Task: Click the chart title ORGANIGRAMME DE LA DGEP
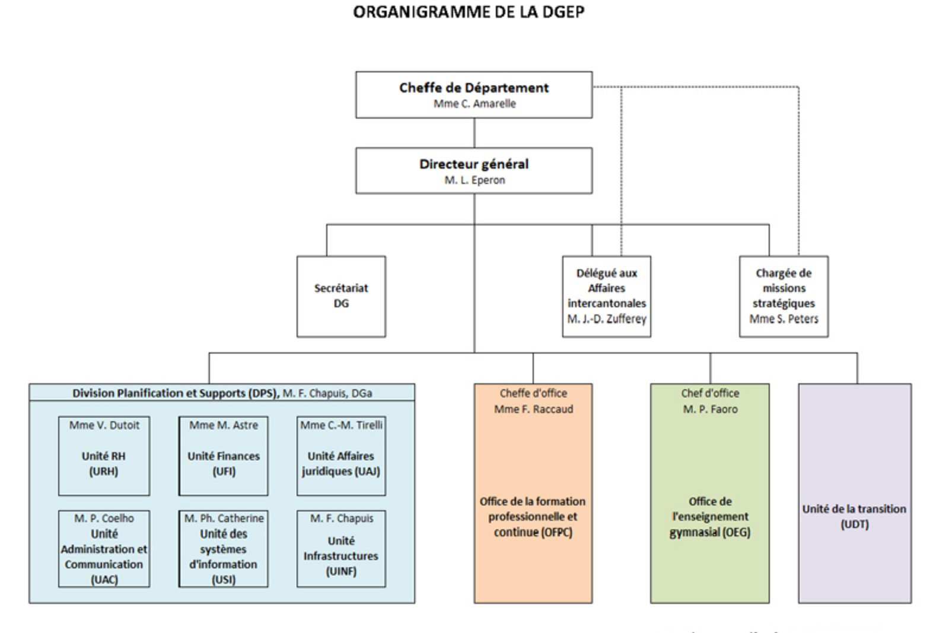[x=469, y=12]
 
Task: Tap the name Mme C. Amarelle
[x=474, y=104]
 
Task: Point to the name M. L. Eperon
[x=474, y=180]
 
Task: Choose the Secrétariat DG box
[x=341, y=296]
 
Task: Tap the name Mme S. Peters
[x=784, y=319]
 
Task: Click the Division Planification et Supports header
[x=222, y=393]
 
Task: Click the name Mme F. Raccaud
[x=533, y=409]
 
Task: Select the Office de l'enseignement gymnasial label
[x=709, y=517]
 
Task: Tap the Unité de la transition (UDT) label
[x=854, y=516]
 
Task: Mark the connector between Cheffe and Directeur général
[x=474, y=133]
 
